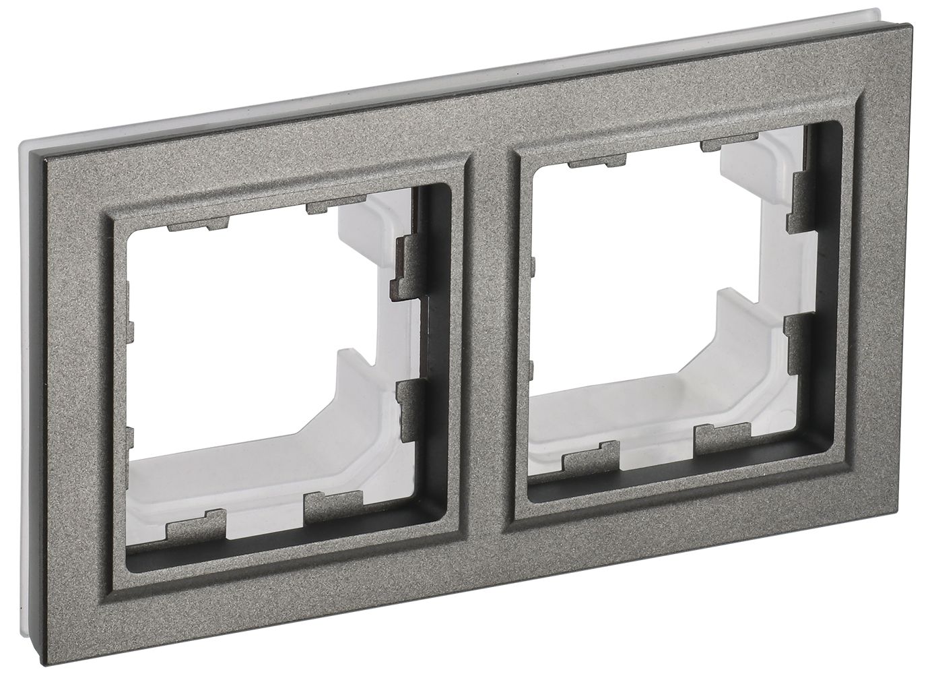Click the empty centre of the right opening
[x=667, y=270]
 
